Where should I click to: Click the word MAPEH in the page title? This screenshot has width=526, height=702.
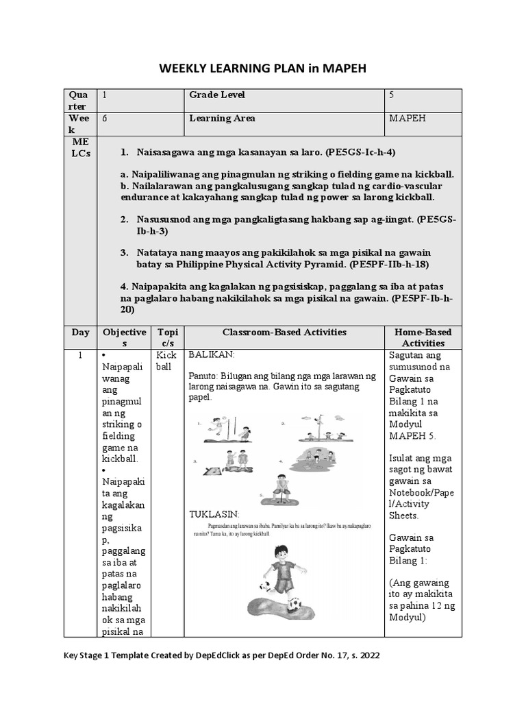click(x=345, y=69)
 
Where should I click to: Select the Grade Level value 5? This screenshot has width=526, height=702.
click(x=391, y=95)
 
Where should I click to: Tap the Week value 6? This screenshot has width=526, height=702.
click(x=105, y=118)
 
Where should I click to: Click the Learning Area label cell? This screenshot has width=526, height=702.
click(x=222, y=118)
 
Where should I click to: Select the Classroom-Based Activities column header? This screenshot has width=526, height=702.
click(x=284, y=332)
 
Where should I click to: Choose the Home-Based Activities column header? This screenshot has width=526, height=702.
click(x=423, y=337)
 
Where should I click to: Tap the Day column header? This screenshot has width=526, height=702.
click(x=80, y=332)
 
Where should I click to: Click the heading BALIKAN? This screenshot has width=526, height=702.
click(x=211, y=355)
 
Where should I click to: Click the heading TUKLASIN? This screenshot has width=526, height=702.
click(x=214, y=513)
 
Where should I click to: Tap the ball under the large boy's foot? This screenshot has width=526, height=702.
click(x=294, y=604)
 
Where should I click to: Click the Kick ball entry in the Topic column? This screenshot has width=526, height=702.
click(x=166, y=361)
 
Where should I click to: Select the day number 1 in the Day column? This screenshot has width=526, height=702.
click(x=80, y=355)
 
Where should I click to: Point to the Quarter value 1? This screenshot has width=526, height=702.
click(x=104, y=95)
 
